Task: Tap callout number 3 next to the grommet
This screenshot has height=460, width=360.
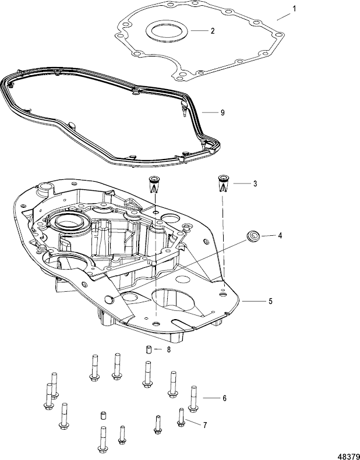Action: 254,183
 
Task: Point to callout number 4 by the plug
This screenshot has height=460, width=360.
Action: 263,236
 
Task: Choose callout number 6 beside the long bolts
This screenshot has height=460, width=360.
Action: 224,398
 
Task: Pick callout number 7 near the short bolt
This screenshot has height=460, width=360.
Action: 204,424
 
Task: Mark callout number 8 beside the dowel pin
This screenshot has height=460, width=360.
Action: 169,350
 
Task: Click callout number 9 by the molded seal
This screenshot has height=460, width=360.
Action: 222,112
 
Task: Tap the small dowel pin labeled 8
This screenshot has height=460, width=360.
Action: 149,350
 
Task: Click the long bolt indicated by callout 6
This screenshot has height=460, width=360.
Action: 193,398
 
